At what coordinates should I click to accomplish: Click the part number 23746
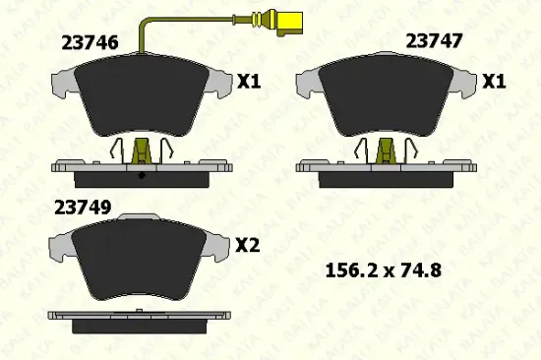90,43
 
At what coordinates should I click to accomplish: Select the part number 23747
434,41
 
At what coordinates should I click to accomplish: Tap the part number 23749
83,208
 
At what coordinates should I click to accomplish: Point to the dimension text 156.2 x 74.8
384,270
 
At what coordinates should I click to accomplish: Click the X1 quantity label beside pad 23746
249,82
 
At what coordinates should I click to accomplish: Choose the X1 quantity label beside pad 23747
494,82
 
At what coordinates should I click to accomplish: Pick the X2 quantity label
247,245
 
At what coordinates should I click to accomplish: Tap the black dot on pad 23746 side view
142,175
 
